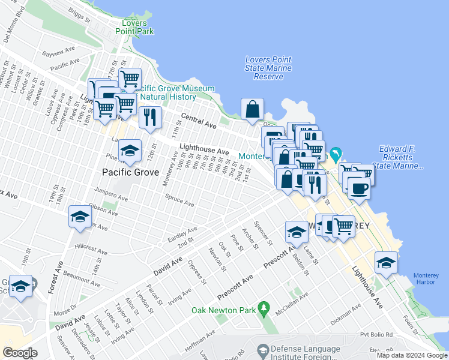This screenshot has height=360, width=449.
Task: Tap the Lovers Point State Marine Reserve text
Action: point(268,68)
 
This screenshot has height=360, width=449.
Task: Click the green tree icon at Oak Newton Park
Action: point(263,310)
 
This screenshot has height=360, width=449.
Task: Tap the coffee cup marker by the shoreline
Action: point(359,188)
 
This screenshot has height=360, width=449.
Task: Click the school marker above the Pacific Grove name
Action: point(129,151)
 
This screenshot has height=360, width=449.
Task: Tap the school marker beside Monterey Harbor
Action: point(386,263)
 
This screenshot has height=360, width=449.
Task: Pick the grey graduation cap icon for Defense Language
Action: point(262,350)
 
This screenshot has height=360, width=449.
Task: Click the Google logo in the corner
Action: point(20,352)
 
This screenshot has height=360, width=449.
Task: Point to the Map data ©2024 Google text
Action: point(412,355)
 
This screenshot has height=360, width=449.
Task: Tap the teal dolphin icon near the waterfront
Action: point(336,155)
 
